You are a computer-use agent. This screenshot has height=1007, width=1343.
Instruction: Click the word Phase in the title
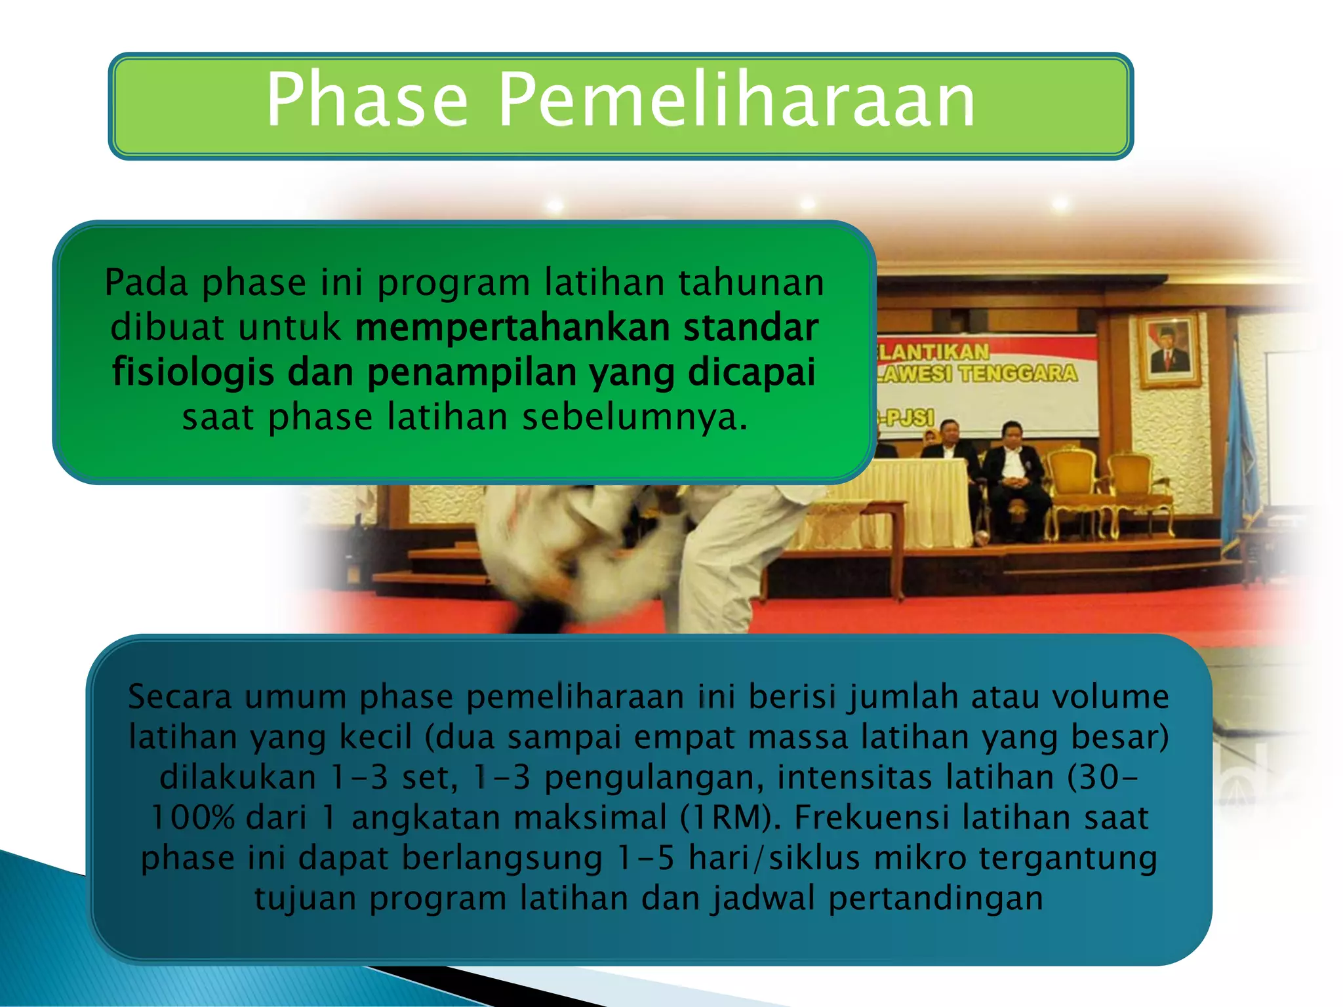coord(367,100)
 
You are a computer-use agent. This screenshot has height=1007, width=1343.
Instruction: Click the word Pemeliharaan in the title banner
coord(737,100)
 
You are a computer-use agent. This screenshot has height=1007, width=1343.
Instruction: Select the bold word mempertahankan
coord(512,327)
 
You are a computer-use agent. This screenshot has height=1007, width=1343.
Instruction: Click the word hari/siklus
coord(774,858)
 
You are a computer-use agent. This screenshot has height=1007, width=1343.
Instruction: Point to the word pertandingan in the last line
coord(936,898)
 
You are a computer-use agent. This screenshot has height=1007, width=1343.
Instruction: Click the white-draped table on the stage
coord(918,498)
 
